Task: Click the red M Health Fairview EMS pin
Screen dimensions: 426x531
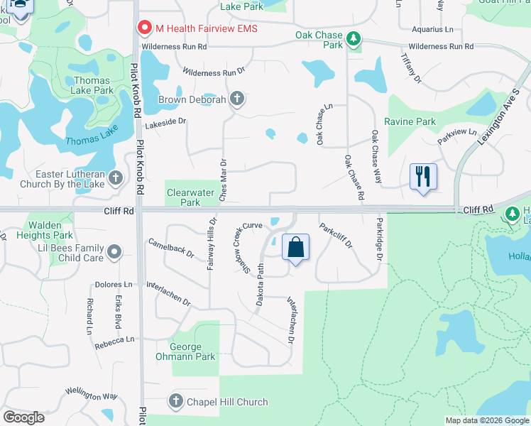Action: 146,28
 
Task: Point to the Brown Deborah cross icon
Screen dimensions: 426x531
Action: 236,99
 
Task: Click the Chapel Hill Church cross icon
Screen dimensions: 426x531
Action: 175,402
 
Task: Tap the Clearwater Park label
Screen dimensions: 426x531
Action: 190,197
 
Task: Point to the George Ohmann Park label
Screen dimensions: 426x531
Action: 193,352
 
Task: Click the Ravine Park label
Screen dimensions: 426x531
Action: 410,121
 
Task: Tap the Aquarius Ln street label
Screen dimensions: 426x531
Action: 432,30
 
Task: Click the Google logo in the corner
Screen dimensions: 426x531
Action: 24,417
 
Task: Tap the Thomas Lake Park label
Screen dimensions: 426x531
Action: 92,85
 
